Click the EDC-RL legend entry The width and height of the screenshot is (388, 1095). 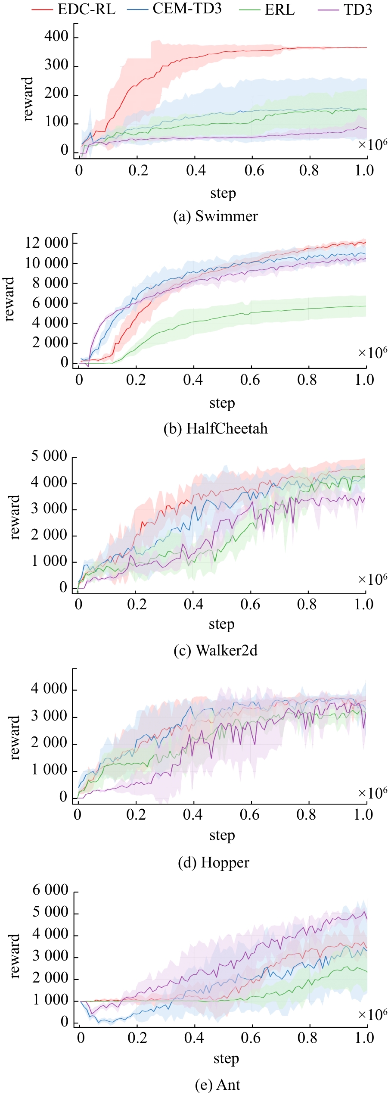click(x=86, y=9)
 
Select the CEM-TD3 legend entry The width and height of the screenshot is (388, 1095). click(x=187, y=9)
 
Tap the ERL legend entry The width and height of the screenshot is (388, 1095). click(x=279, y=9)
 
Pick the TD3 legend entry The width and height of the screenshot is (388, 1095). click(x=357, y=9)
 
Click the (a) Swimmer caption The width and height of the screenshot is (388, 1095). click(x=215, y=216)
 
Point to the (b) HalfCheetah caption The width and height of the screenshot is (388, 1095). click(x=215, y=428)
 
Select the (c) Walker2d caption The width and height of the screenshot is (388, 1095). click(x=215, y=650)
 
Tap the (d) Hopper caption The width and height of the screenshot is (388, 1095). click(x=214, y=862)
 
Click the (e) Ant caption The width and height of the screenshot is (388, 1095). click(x=217, y=1085)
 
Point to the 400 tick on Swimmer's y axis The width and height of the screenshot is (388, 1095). click(x=56, y=36)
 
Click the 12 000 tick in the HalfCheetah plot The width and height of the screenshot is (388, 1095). click(x=47, y=243)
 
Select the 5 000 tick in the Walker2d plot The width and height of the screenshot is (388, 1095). click(x=49, y=456)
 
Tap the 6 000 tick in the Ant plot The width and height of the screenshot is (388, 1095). click(x=50, y=890)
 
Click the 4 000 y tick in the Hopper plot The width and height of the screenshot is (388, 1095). click(x=49, y=689)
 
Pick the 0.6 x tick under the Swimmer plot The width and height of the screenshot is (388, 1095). click(x=254, y=171)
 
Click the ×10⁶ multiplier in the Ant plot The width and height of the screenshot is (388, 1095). click(x=372, y=1014)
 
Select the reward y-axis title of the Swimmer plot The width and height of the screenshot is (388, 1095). click(x=28, y=100)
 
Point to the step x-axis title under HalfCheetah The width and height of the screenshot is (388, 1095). click(x=222, y=403)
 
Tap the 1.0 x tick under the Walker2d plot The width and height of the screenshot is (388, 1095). click(x=364, y=604)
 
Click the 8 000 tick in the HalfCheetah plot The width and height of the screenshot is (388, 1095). click(x=50, y=283)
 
